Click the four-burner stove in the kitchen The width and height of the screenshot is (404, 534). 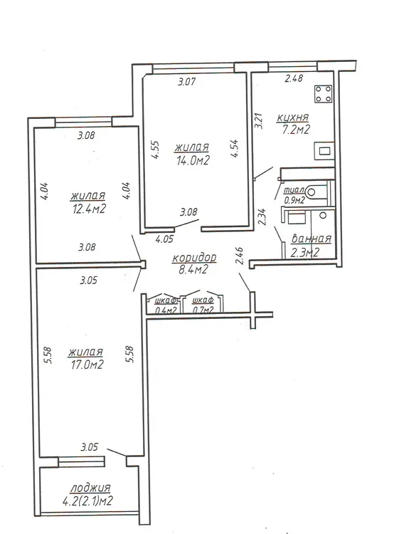(x=324, y=94)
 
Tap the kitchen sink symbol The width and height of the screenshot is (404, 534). (x=324, y=150)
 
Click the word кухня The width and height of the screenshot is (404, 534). (x=293, y=117)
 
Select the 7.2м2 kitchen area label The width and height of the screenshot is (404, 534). (x=295, y=130)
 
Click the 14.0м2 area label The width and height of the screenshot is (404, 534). (x=192, y=160)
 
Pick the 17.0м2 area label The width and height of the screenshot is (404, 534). (x=87, y=365)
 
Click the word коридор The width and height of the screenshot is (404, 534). (x=194, y=258)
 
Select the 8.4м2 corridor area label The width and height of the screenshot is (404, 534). (x=193, y=270)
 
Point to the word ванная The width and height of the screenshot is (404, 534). (x=311, y=239)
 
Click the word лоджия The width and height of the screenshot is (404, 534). (x=90, y=488)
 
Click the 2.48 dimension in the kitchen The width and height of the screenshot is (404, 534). (x=294, y=78)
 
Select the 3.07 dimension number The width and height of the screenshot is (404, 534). (x=187, y=82)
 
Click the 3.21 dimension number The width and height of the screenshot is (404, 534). (x=260, y=120)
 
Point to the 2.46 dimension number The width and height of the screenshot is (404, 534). (x=240, y=256)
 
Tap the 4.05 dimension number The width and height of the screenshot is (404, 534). (x=164, y=239)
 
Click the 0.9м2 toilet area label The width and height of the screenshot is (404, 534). (x=294, y=200)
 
